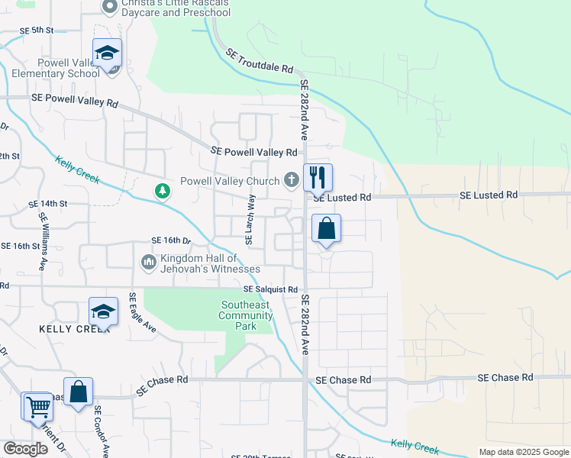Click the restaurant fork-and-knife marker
tap(318, 178)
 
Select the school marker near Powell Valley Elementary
tap(108, 53)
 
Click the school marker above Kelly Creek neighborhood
tap(103, 311)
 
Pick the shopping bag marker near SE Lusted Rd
tap(326, 228)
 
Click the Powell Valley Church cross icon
tap(290, 181)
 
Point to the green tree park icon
tap(162, 190)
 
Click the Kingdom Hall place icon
tap(149, 263)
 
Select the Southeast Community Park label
tap(244, 315)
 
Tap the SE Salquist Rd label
tap(270, 290)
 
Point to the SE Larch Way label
tap(250, 220)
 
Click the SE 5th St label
tap(37, 30)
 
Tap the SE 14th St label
tap(48, 205)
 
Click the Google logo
tap(25, 448)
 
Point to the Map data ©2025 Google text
tap(524, 452)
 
